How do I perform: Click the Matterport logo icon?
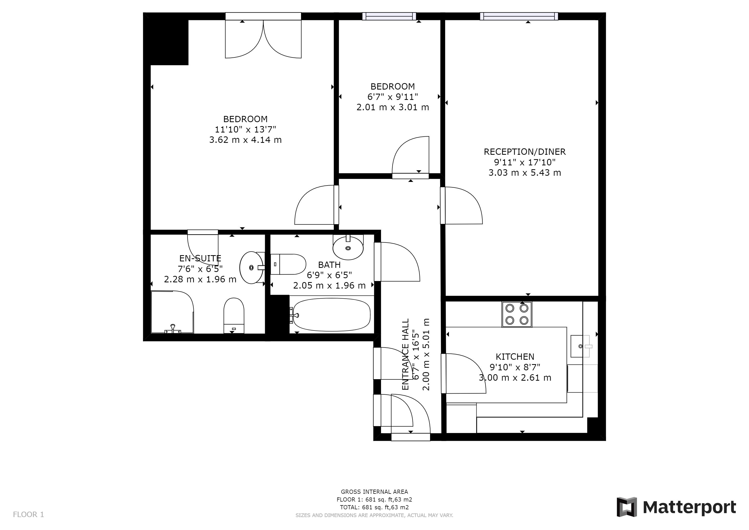point(626,507)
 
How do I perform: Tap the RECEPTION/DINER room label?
point(525,152)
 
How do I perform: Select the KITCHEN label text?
point(515,357)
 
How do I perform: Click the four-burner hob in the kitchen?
point(517,314)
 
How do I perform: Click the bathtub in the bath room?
point(332,315)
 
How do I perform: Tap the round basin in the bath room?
point(348,248)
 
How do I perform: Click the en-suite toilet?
point(234,315)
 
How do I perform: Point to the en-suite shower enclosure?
point(173,312)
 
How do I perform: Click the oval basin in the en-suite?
point(252,267)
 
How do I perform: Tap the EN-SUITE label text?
point(200,259)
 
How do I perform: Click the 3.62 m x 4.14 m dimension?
point(245,140)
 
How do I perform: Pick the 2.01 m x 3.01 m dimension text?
point(393,107)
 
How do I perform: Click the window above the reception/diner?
point(519,16)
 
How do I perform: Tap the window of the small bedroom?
point(389,16)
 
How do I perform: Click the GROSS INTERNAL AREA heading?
point(374,491)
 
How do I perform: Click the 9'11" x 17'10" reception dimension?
point(525,162)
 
